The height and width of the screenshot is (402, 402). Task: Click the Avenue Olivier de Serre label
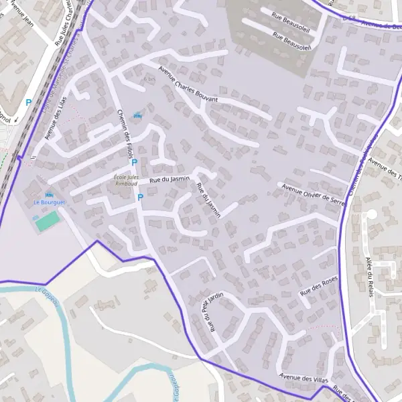314,192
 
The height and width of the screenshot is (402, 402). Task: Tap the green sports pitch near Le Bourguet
46,220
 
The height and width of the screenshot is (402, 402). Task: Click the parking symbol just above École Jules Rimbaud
134,162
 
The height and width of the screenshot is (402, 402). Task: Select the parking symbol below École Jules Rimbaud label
140,197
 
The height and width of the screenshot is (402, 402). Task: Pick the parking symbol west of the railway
27,103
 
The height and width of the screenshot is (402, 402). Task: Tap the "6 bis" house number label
149,78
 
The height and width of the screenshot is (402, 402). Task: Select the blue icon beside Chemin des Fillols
138,115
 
